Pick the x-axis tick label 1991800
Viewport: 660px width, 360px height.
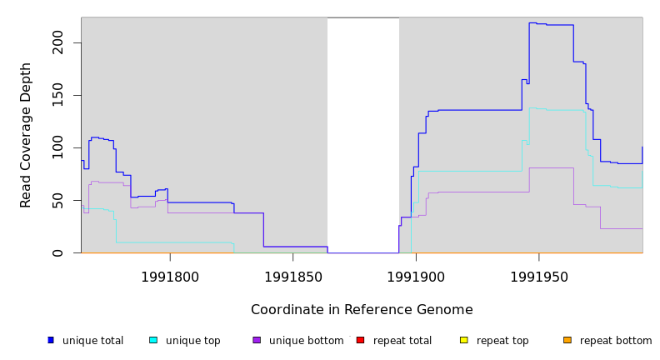tap(170, 277)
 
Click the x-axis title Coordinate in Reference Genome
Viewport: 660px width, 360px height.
tap(362, 310)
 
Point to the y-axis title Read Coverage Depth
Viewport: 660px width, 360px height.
tap(27, 135)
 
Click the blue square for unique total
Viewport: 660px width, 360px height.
tap(51, 340)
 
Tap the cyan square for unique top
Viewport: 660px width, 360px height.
tap(153, 340)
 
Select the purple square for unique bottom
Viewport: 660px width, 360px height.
tap(257, 340)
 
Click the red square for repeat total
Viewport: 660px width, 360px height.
tap(360, 340)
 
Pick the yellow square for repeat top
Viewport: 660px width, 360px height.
tap(464, 340)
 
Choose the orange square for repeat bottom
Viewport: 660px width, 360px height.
tap(567, 340)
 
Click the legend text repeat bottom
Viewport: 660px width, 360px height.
tap(616, 341)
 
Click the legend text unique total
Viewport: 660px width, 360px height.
tap(92, 341)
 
